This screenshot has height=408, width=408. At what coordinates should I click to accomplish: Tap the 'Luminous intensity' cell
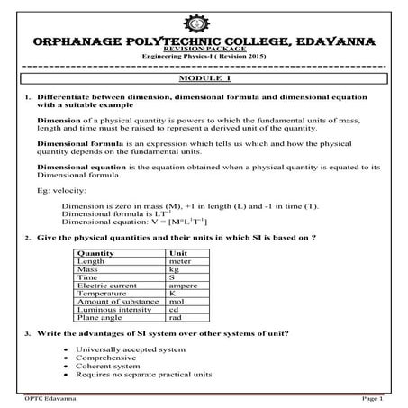click(x=113, y=309)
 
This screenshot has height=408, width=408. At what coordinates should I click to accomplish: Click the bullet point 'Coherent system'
click(x=108, y=366)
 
